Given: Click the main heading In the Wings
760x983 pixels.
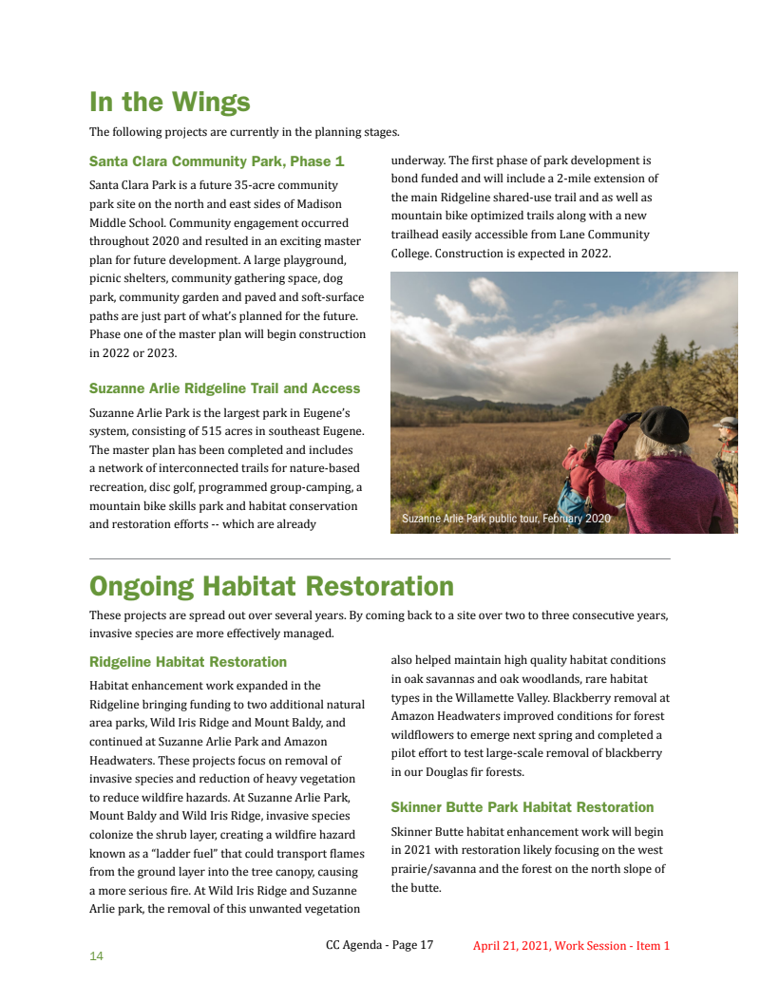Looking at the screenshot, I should [x=169, y=102].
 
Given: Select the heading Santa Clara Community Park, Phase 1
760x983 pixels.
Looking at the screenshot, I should [x=217, y=161].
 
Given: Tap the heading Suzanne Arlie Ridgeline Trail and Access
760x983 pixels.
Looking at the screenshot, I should [x=224, y=388].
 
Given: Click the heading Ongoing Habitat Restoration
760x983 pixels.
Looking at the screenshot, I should [x=271, y=585].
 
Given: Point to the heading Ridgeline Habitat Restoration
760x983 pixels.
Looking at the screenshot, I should [x=187, y=662].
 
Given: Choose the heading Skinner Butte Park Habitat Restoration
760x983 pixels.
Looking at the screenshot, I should [x=522, y=807].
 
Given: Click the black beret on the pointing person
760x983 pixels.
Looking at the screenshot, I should [x=664, y=424].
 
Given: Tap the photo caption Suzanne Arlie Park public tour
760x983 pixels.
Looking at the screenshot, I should [x=505, y=520].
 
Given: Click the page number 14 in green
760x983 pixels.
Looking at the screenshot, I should [x=96, y=956].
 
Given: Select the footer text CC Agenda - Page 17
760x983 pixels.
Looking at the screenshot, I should [x=379, y=945].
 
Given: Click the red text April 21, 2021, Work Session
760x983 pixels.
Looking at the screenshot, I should [x=571, y=946].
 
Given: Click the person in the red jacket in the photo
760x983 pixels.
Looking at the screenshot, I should [x=585, y=475].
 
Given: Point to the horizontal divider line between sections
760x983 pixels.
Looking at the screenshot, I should [x=379, y=558].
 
